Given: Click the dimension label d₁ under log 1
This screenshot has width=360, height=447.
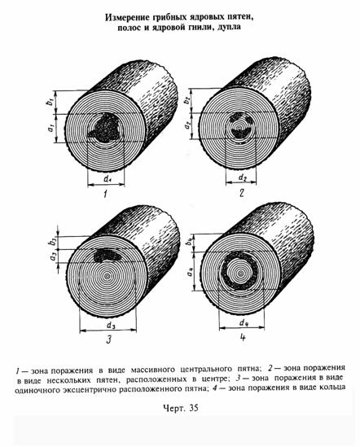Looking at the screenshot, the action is tap(108, 179).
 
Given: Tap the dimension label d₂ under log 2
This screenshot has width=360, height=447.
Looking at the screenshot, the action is tap(242, 177).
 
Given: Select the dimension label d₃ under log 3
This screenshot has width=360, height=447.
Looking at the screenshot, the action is tap(111, 325).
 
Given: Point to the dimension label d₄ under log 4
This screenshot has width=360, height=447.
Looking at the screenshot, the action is tap(243, 322).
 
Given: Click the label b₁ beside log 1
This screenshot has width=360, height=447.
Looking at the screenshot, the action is tap(50, 102).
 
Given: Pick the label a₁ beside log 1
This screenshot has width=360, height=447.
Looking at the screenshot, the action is tap(50, 129).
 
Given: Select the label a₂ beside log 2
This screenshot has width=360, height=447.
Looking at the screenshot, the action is tap(187, 125).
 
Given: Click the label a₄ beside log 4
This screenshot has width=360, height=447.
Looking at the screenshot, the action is tap(189, 273).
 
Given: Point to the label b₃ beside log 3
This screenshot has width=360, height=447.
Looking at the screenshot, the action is tap(53, 243).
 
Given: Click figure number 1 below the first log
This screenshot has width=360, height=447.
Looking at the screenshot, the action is tap(106, 195).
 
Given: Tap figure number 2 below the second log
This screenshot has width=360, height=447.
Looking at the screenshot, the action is tap(241, 193).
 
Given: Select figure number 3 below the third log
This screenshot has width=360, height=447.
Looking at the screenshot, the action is tap(108, 340).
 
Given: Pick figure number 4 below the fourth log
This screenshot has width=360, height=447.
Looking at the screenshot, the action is tap(243, 338).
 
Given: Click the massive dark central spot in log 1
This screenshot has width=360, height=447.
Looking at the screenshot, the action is tap(105, 129).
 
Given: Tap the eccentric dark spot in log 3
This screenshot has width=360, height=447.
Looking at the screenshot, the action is tap(107, 255).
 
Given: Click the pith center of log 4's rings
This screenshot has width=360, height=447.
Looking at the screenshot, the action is tap(240, 274).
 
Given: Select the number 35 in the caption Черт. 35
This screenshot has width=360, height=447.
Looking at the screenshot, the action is tap(193, 408).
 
